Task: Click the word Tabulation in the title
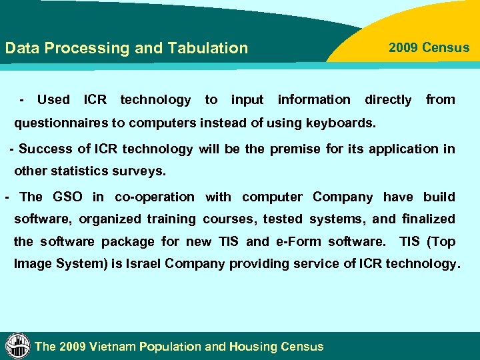coord(208,48)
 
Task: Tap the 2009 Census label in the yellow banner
coord(429,47)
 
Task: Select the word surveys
coord(139,171)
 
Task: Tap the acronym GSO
coord(67,197)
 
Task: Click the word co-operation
coord(155,197)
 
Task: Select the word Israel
coord(138,263)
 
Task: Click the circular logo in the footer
coord(17,345)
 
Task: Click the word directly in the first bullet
coord(388,100)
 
